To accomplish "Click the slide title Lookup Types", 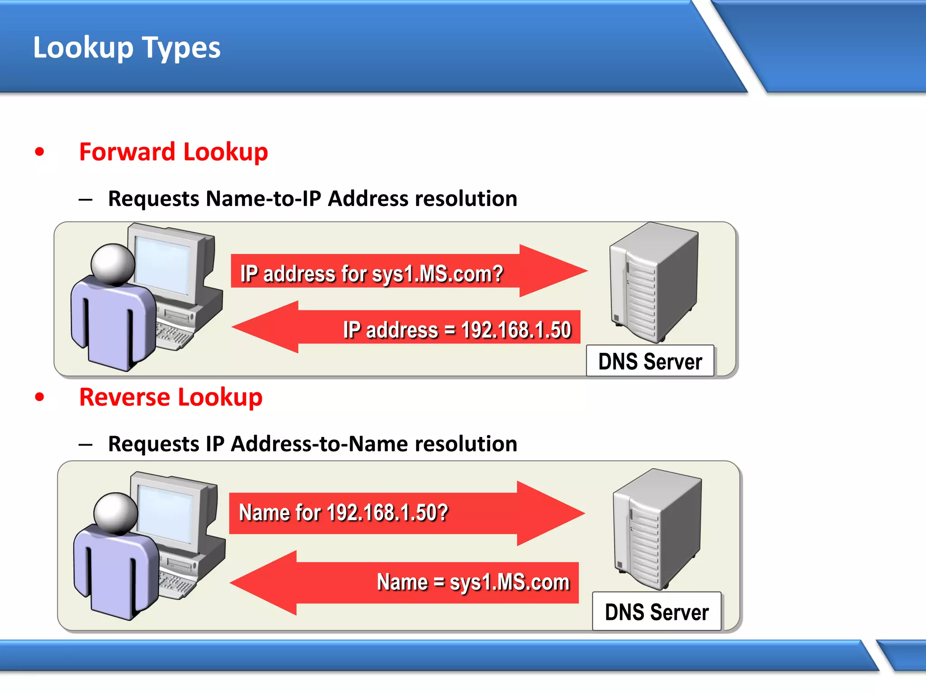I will pos(127,47).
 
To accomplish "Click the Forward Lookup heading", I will pos(173,152).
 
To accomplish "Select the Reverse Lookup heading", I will pos(170,397).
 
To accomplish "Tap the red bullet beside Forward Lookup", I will pos(40,152).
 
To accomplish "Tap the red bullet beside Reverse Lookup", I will pos(40,397).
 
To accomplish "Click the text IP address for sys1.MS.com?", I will pos(371,274).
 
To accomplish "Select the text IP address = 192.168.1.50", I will pos(457,330).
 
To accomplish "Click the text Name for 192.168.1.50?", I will pos(343,513).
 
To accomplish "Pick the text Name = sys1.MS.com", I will pos(473,582).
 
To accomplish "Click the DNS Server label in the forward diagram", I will pos(650,361).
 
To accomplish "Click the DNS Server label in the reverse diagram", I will pos(657,612).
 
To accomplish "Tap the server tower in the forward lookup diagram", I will pos(653,282).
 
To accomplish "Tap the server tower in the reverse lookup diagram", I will pos(657,529).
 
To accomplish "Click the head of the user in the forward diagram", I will pos(113,264).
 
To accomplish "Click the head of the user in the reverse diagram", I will pos(116,513).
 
